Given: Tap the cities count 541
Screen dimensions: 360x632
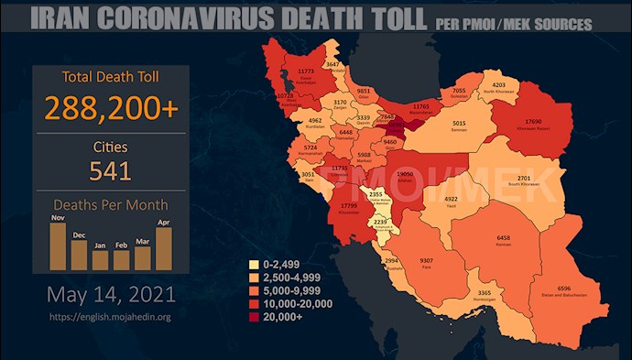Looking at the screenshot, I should [110, 170].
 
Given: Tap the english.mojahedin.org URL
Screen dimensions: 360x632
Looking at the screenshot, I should [110, 318].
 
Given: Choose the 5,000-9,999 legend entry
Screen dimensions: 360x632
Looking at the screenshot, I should [289, 290].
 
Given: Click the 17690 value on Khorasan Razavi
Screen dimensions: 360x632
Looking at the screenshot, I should [534, 122].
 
